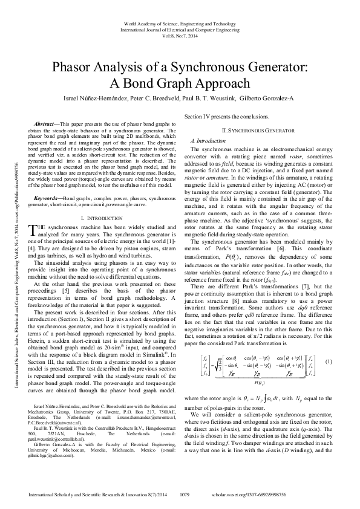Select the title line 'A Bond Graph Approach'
point(180,83)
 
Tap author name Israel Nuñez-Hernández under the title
point(87,99)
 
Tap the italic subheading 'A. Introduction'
point(208,140)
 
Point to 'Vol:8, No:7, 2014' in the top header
point(180,36)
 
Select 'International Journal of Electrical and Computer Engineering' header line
point(180,29)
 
